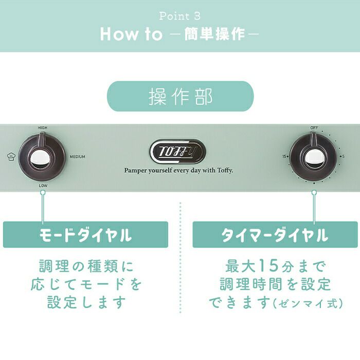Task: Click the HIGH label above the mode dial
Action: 43,128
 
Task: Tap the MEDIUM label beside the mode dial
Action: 77,156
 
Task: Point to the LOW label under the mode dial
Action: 43,186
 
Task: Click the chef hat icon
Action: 11,156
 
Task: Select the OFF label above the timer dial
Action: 314,128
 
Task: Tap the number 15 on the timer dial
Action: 284,156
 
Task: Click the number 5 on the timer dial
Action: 343,156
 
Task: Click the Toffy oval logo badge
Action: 178,152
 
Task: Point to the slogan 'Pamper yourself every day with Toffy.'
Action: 178,170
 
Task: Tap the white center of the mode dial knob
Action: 40,158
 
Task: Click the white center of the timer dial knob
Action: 313,158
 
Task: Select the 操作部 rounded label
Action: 180,96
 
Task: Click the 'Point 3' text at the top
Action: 180,16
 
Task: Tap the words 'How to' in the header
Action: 131,34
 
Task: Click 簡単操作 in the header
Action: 214,34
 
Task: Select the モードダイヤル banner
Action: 85,235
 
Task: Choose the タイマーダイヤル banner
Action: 275,235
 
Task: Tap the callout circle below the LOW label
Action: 43,192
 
